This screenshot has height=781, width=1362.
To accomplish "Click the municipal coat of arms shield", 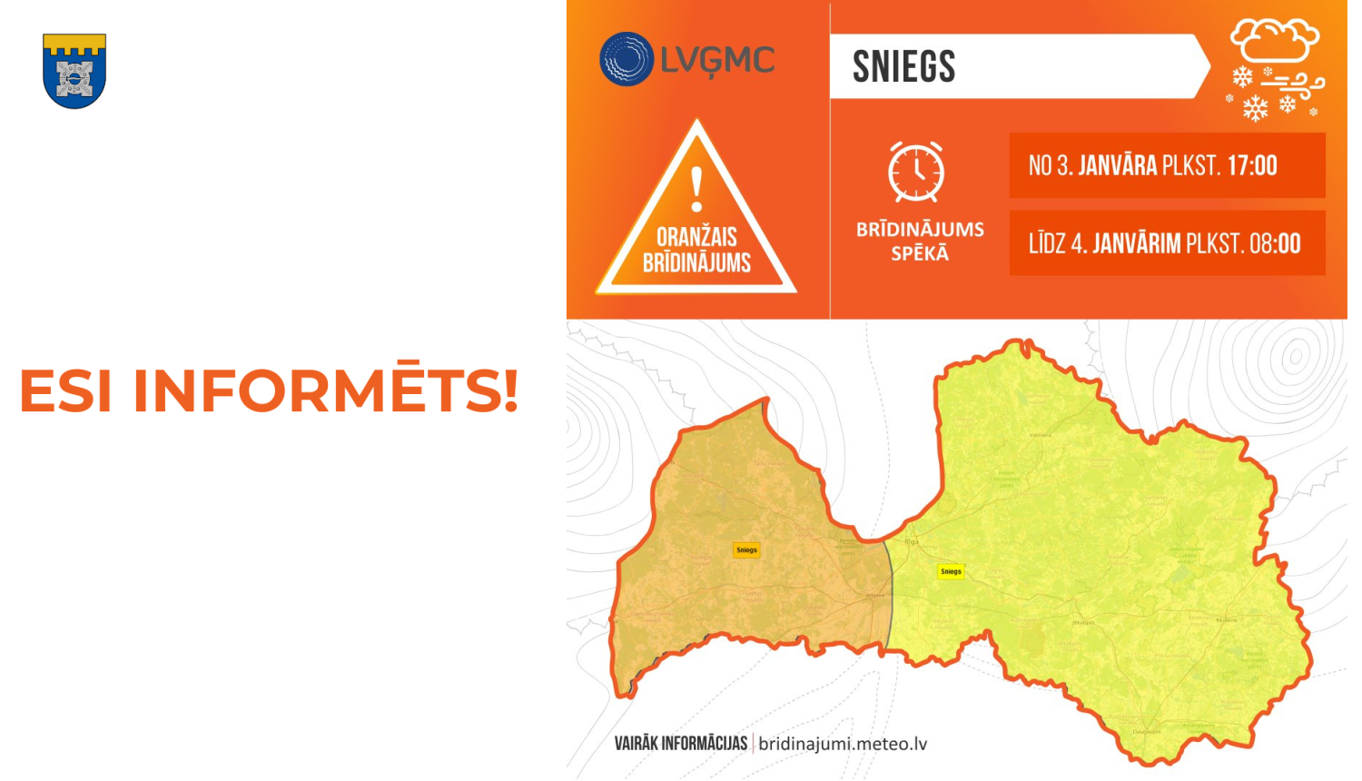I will [x=74, y=71].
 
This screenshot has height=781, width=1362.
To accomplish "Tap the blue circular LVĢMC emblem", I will [x=627, y=59].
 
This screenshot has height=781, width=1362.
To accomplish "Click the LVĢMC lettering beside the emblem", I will [x=717, y=61].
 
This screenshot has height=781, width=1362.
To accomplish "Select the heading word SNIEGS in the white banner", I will [x=903, y=67].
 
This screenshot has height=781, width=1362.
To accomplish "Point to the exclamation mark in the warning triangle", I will [x=696, y=189].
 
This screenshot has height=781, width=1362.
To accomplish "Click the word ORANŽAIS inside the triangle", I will [x=696, y=237].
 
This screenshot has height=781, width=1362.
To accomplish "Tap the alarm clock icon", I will [x=916, y=172].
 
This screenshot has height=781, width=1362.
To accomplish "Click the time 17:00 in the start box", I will [x=1252, y=166].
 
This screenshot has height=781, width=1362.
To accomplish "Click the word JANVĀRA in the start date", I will [x=1117, y=166].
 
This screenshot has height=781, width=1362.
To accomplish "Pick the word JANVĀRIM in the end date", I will [x=1136, y=244].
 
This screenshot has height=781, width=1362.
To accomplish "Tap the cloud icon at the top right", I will [x=1275, y=41].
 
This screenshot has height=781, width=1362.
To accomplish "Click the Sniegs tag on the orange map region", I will [x=746, y=549].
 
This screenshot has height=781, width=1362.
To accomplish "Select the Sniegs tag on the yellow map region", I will [x=951, y=571].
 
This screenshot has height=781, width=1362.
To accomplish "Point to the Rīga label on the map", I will [x=912, y=541].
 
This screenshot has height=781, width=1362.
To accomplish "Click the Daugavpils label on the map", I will [x=1146, y=731].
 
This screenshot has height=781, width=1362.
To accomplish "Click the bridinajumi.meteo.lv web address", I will [x=843, y=744].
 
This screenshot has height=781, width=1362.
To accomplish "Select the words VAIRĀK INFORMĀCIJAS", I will [x=680, y=744].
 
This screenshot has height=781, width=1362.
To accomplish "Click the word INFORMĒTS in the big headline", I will [x=326, y=390].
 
